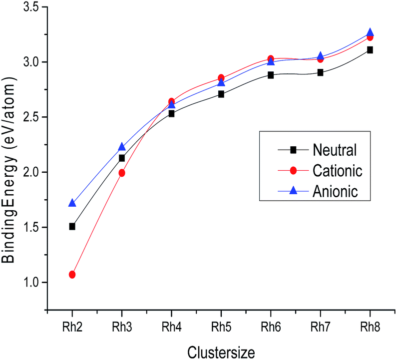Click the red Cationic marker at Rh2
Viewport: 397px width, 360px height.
[72, 274]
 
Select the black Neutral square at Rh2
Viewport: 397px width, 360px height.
[72, 226]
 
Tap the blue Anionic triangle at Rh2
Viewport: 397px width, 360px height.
[72, 203]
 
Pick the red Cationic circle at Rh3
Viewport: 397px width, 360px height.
[122, 173]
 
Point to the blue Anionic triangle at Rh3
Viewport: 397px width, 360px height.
[122, 147]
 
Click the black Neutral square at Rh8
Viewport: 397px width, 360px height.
[370, 50]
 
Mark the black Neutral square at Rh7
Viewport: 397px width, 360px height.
[320, 72]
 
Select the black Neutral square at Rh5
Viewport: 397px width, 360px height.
[221, 94]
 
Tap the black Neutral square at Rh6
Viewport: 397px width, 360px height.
[271, 75]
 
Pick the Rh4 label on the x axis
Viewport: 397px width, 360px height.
[171, 327]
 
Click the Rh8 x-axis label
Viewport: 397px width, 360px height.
[370, 327]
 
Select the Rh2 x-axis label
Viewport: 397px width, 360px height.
[72, 327]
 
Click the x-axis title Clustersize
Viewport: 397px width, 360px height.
[221, 352]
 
